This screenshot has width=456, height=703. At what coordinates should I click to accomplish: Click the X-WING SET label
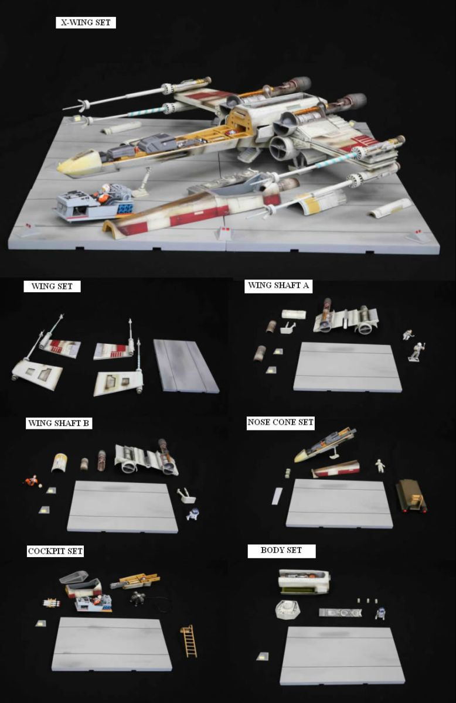[x=86, y=23]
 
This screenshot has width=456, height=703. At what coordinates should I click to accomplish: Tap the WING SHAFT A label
[x=278, y=286]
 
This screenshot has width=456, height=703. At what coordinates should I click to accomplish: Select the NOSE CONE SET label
[x=280, y=422]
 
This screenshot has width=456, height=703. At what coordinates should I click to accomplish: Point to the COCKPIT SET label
[x=55, y=551]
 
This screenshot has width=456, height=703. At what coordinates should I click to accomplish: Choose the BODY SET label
[x=281, y=550]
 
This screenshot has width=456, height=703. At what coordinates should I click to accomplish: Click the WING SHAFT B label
[x=59, y=424]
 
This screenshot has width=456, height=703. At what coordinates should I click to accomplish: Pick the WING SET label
[x=52, y=286]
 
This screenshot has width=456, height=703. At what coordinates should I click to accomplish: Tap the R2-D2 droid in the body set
[x=380, y=613]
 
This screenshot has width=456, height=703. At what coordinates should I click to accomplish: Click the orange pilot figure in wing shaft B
[x=31, y=481]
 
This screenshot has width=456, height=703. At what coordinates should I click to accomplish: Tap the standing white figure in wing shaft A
[x=416, y=351]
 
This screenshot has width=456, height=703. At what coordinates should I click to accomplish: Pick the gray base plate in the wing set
[x=186, y=366]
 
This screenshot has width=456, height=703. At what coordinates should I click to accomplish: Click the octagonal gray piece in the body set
[x=287, y=610]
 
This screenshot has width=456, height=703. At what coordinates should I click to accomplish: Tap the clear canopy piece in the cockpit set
[x=74, y=576]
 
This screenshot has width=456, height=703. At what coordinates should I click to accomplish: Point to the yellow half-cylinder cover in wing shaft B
[x=59, y=462]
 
